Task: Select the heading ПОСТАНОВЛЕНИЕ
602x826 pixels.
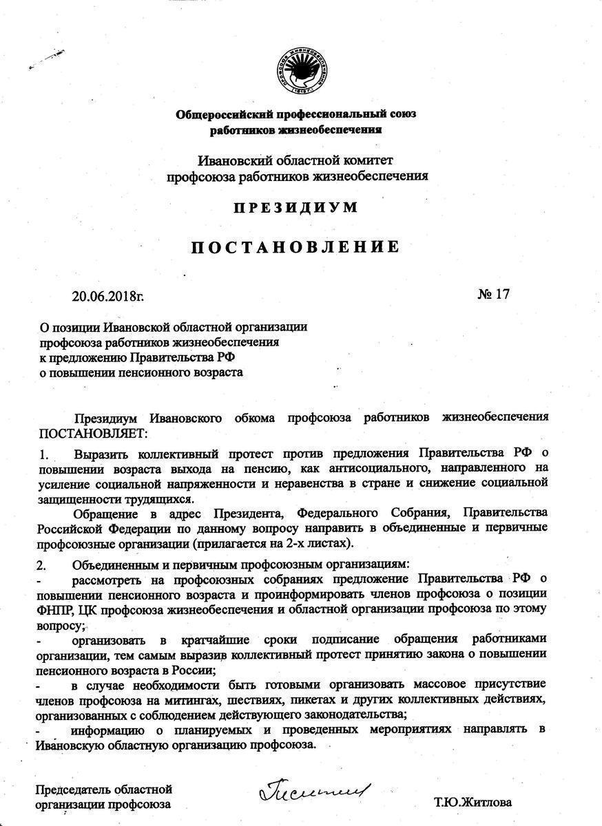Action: pyautogui.click(x=295, y=247)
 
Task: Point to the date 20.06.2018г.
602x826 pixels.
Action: pyautogui.click(x=108, y=297)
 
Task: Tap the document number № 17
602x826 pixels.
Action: pyautogui.click(x=493, y=294)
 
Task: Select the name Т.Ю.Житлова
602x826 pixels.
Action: pyautogui.click(x=473, y=803)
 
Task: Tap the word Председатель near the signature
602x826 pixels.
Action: pyautogui.click(x=73, y=789)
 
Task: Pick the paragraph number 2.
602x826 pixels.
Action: pyautogui.click(x=42, y=564)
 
